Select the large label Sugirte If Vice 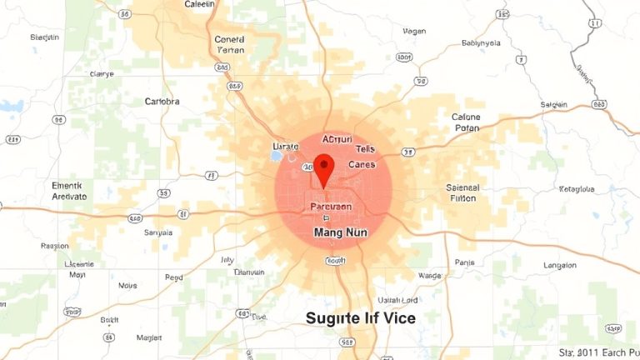point(360,318)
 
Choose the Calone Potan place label point(466,122)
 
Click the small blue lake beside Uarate point(277,154)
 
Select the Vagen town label point(413,31)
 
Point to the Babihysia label point(481,42)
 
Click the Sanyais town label point(158,232)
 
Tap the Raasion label point(55,246)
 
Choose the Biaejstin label point(45,37)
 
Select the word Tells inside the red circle point(365,148)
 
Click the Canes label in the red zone point(361,164)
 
